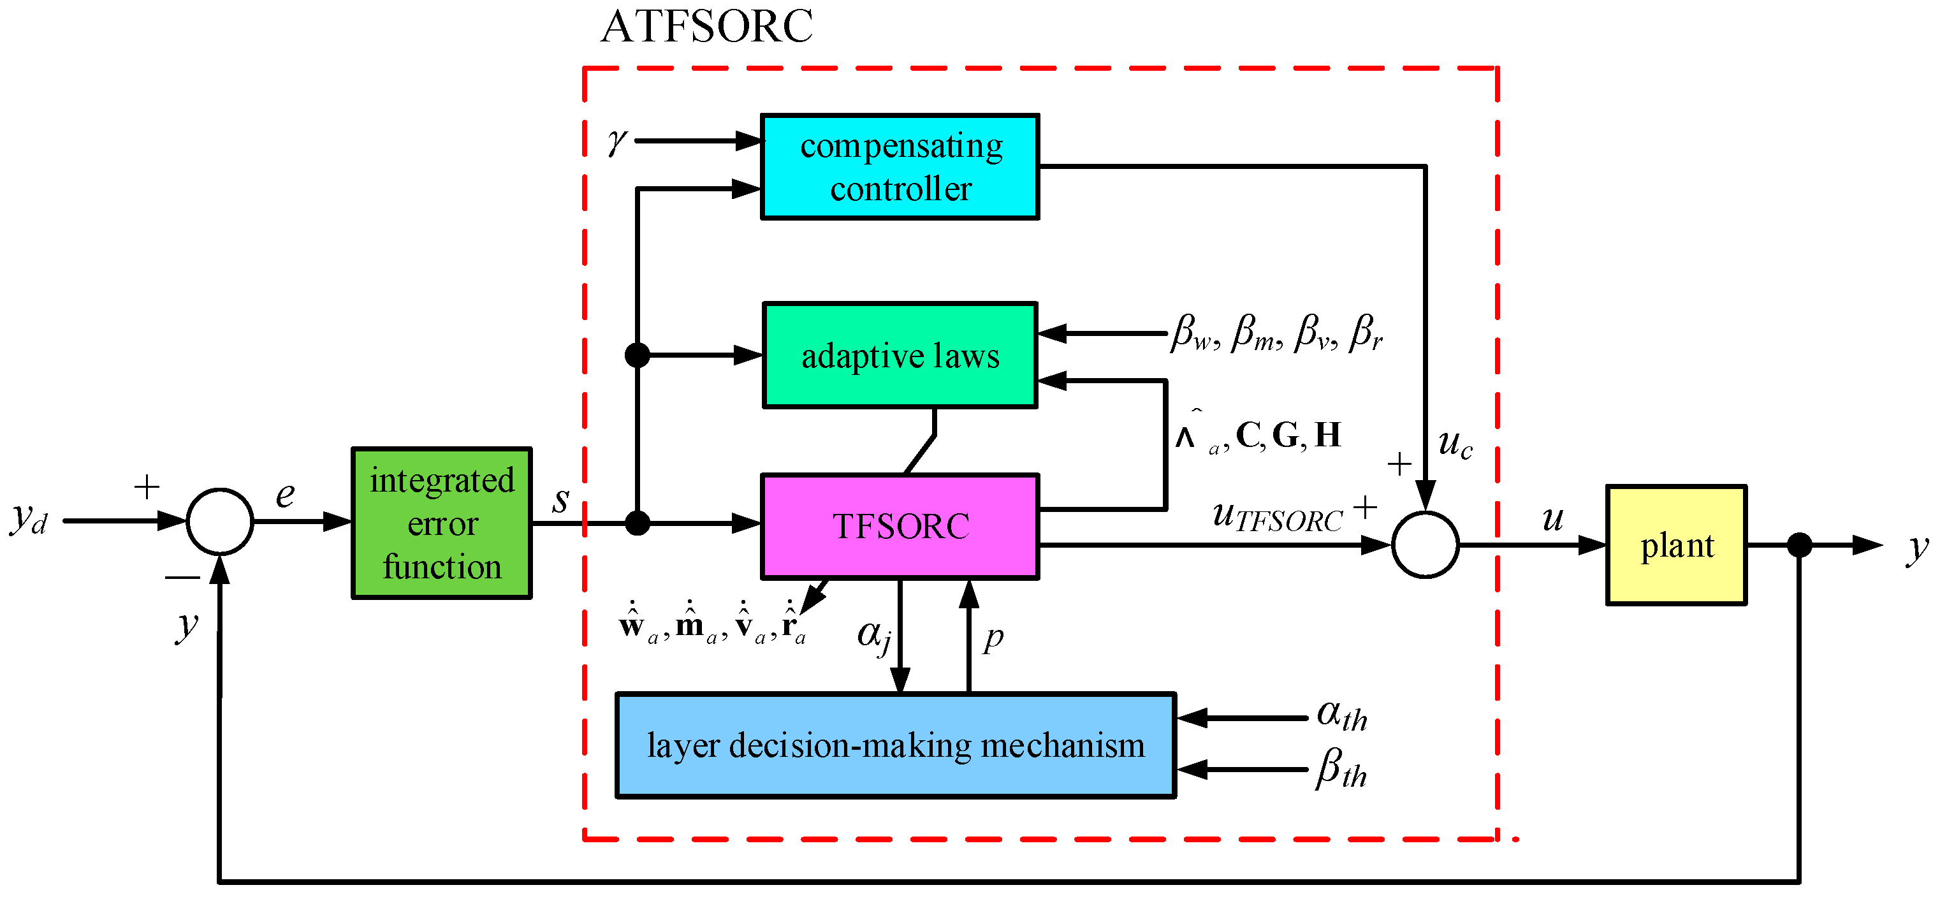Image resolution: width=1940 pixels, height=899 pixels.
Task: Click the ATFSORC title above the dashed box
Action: [x=706, y=27]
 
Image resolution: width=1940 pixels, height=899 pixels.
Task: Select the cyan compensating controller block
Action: [x=900, y=167]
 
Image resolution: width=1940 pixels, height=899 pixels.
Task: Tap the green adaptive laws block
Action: [x=900, y=355]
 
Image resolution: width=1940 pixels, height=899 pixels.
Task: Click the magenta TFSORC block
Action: [x=900, y=526]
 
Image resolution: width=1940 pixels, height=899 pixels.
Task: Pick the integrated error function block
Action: [x=442, y=523]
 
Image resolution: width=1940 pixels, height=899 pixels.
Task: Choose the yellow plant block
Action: [x=1677, y=545]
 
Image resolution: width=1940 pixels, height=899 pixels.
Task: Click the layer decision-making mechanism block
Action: [x=896, y=745]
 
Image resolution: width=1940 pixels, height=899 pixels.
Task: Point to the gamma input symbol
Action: [x=616, y=141]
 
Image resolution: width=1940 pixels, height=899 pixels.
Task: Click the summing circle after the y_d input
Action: [x=220, y=521]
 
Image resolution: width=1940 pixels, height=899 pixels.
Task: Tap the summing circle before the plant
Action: [x=1426, y=545]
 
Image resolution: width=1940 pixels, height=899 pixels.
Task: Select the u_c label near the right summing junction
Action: [x=1454, y=444]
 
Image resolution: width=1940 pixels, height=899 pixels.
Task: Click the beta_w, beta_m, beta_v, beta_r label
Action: [x=1277, y=333]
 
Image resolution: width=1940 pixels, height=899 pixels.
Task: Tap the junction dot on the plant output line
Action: [x=1800, y=545]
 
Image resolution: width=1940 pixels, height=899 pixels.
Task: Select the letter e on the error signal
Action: [x=285, y=495]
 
